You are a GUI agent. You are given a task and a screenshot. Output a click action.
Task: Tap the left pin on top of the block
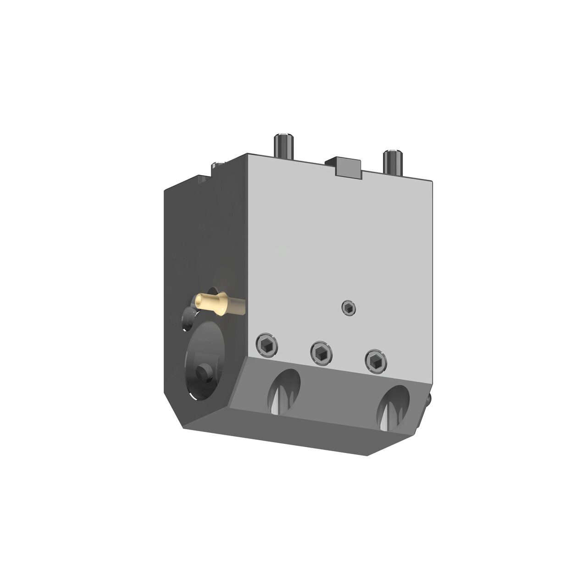(283, 147)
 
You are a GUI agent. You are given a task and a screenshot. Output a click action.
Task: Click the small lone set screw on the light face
(349, 308)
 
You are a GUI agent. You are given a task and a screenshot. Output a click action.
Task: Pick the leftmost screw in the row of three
(267, 345)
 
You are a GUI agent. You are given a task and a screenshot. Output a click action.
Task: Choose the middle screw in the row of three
(321, 352)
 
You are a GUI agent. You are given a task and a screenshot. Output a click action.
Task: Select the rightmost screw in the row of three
(376, 360)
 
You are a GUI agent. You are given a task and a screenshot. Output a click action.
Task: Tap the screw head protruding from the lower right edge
(429, 400)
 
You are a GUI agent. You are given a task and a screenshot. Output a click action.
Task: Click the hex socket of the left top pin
(283, 136)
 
